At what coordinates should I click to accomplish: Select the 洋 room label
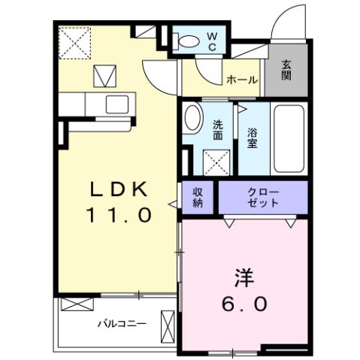point(244,277)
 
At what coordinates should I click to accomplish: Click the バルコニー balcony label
point(121,324)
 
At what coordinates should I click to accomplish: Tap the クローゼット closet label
point(263,198)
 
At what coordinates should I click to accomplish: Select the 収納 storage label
point(198,198)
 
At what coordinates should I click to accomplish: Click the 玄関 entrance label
point(289,71)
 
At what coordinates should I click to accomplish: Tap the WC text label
point(213,41)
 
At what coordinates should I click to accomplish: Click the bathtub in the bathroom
point(289,137)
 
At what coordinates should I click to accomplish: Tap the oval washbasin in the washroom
point(194,120)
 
